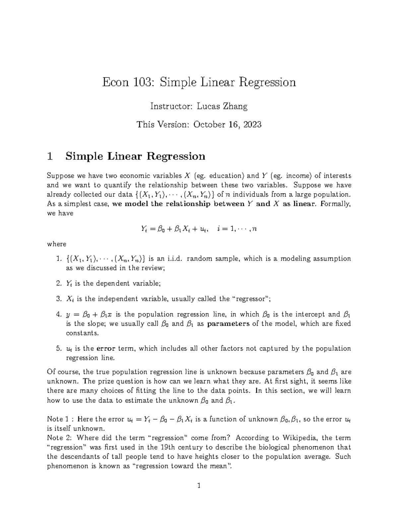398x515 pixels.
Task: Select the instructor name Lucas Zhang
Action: tap(222, 106)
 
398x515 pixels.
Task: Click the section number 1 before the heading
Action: tap(50, 156)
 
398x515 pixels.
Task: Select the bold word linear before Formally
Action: tap(302, 204)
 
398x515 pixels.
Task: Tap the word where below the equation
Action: tap(57, 244)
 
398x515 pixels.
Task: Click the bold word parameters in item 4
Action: tap(228, 324)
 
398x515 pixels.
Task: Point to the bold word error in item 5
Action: tap(105, 349)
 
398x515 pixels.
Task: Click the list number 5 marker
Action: tap(59, 349)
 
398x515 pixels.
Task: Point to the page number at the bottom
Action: tap(199, 486)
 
